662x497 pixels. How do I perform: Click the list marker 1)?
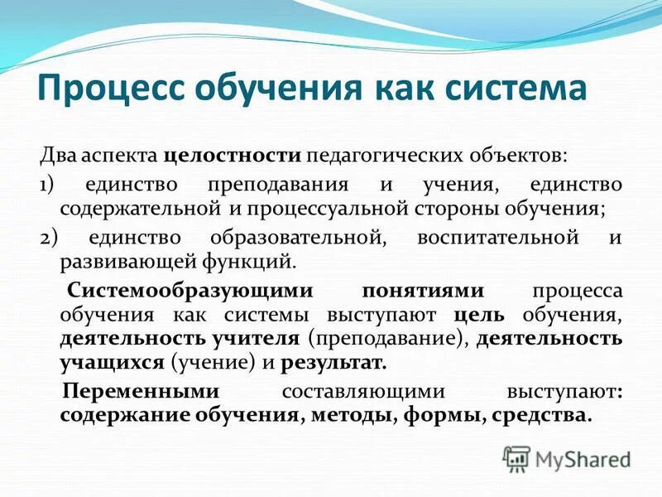[48, 185]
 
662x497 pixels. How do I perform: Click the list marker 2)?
[49, 239]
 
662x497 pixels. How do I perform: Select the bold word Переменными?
[142, 391]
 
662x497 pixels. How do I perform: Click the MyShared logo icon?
[516, 456]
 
